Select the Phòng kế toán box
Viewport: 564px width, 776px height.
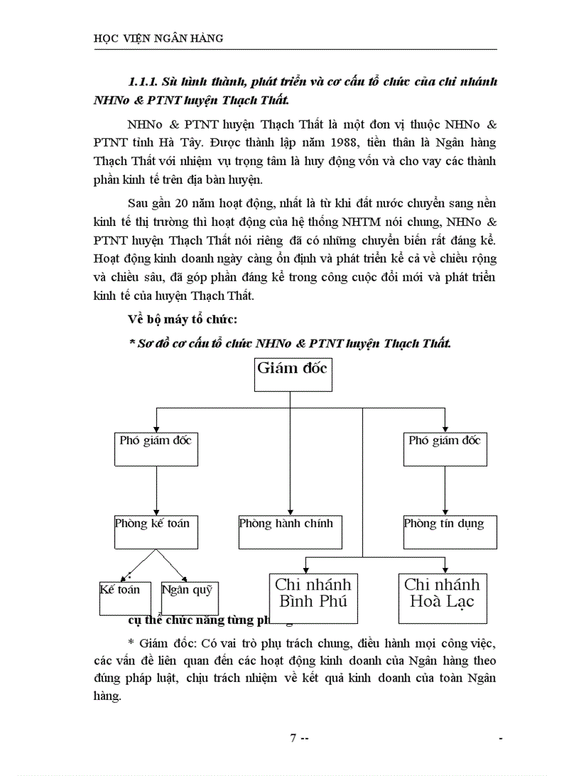pyautogui.click(x=156, y=531)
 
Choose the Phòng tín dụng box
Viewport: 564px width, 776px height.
pyautogui.click(x=449, y=531)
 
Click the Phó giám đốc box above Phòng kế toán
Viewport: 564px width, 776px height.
pyautogui.click(x=156, y=448)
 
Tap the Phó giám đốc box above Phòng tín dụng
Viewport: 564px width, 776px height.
pyautogui.click(x=444, y=448)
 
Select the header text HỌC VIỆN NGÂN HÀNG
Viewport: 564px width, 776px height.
pyautogui.click(x=158, y=39)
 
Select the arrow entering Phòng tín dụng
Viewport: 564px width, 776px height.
pyautogui.click(x=444, y=508)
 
